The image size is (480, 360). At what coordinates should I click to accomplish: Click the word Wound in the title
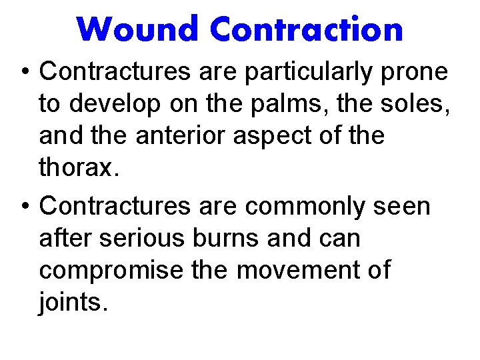[139, 29]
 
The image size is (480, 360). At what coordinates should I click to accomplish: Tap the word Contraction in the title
[306, 29]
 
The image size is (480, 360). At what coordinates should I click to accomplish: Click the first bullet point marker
[23, 72]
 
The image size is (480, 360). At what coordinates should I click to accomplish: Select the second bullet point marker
[23, 207]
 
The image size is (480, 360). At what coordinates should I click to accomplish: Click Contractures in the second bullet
[115, 207]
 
